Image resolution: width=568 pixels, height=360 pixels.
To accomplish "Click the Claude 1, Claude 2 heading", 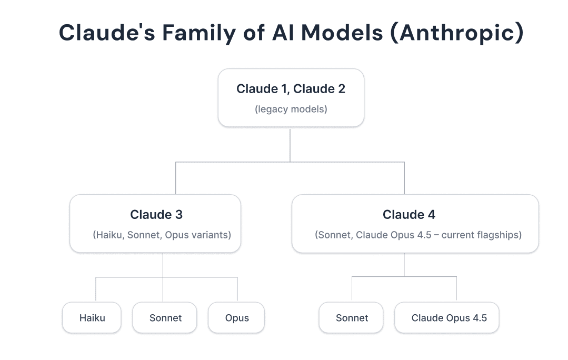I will [291, 89].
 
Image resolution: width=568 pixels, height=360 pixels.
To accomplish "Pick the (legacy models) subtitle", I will [291, 109].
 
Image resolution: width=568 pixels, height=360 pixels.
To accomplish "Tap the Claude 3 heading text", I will [156, 215].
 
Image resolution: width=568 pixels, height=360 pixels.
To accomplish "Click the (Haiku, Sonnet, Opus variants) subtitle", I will [162, 235].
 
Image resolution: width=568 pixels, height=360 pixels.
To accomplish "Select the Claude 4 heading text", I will [408, 215].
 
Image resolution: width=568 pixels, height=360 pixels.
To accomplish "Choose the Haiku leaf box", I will [92, 318].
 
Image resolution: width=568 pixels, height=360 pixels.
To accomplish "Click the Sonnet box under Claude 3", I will [165, 318].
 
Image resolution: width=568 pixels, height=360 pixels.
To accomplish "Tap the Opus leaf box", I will [237, 318].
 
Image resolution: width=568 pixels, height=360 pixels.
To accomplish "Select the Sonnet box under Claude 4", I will [352, 318].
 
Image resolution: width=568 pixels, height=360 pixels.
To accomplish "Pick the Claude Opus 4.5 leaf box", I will [449, 318].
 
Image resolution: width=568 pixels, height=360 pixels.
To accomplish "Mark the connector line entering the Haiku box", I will [96, 289].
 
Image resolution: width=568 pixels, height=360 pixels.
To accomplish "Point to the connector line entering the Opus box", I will [237, 289].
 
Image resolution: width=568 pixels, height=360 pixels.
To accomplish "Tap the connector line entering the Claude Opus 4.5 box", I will [456, 289].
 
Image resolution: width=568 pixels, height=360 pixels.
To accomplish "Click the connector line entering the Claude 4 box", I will [404, 179].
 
